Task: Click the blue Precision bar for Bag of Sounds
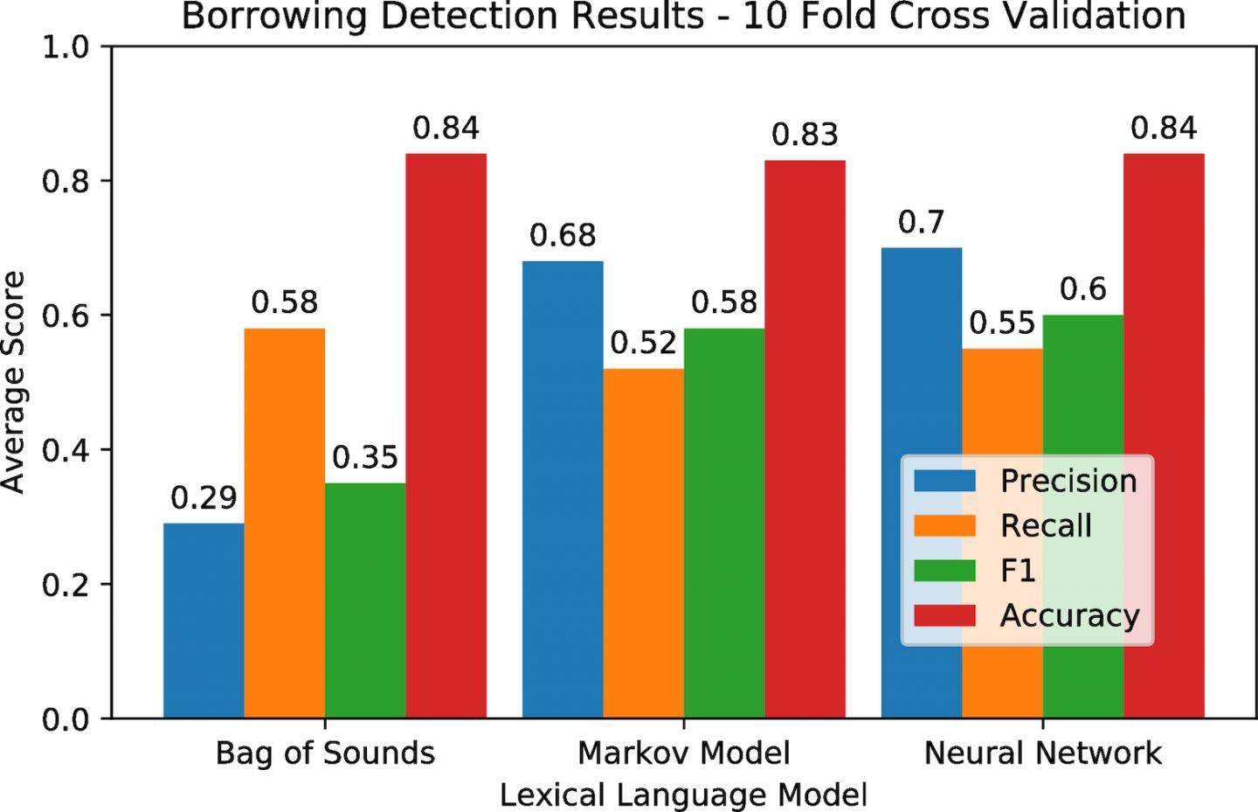(x=204, y=621)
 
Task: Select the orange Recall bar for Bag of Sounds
(x=285, y=524)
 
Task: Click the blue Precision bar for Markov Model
(x=563, y=489)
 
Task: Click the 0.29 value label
(x=204, y=498)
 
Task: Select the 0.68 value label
(x=563, y=235)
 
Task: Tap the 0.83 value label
(x=805, y=135)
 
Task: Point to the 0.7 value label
(x=922, y=222)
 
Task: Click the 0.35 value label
(x=365, y=457)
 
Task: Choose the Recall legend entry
(x=1046, y=525)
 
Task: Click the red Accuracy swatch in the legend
(x=944, y=615)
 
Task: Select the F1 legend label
(x=1018, y=571)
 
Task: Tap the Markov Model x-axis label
(x=684, y=753)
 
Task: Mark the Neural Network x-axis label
(x=1043, y=753)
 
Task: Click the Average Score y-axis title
(x=15, y=382)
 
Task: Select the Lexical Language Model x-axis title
(x=684, y=795)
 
